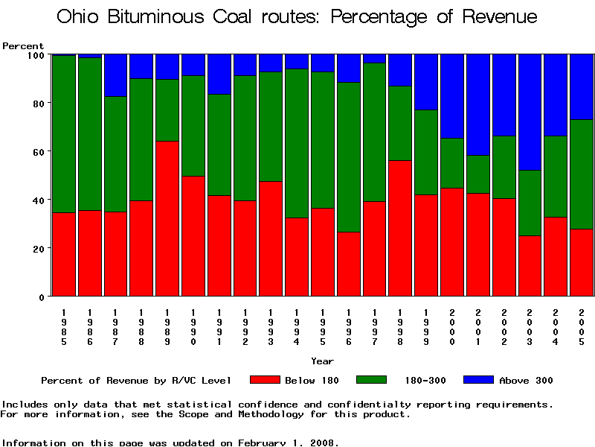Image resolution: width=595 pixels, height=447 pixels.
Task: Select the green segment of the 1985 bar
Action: click(64, 134)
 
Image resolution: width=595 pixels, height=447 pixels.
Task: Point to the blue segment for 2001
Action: click(477, 104)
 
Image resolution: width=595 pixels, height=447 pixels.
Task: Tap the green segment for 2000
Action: click(452, 163)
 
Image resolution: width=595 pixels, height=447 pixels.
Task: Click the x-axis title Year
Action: click(322, 361)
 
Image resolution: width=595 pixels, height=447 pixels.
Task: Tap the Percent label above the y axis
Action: click(23, 46)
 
